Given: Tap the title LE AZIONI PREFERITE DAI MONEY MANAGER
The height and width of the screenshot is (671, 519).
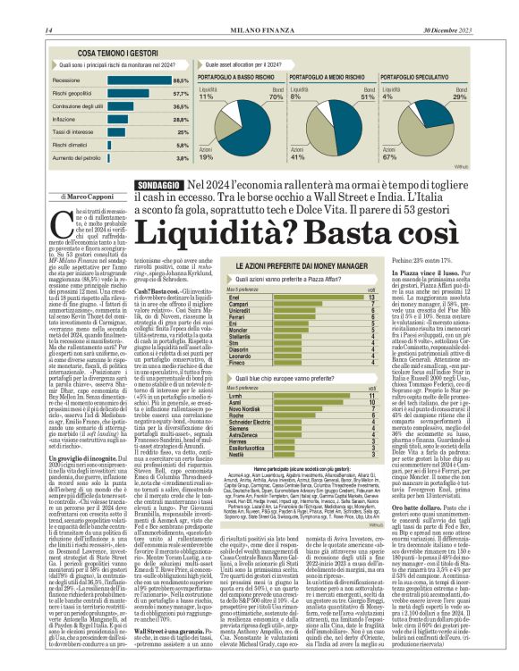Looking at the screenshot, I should [x=302, y=266].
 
